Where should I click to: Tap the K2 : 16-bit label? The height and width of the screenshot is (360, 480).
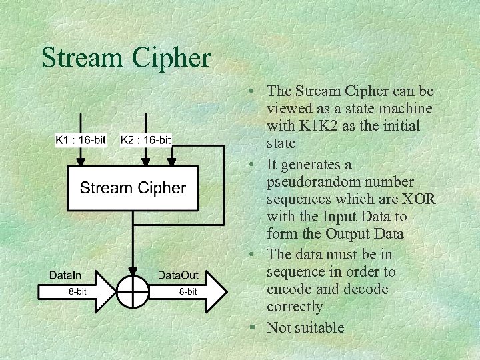pos(146,139)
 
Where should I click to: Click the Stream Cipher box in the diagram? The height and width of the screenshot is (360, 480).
pos(133,189)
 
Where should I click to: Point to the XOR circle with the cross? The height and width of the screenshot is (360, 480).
pos(133,291)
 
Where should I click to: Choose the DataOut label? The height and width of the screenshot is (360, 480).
pos(178,275)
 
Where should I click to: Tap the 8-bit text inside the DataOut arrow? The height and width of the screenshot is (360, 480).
pos(187,291)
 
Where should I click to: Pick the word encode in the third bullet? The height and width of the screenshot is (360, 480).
pos(289,289)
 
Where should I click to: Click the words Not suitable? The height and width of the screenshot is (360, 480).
pos(305,327)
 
